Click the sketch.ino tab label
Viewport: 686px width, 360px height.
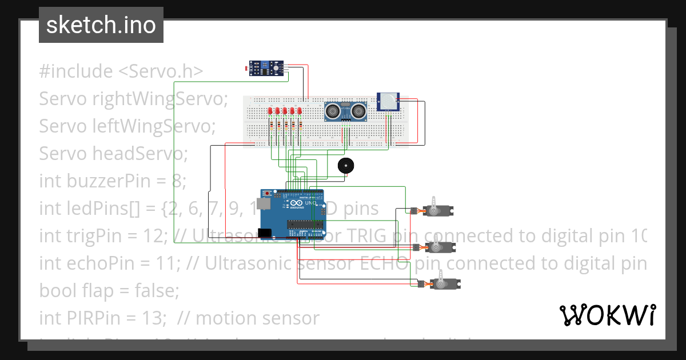[x=101, y=25]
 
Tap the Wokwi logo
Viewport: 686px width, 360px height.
[x=607, y=315]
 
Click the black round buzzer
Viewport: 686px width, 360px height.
[x=345, y=166]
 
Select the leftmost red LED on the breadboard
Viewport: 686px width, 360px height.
[x=270, y=111]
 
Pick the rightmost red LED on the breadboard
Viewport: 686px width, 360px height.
[x=299, y=111]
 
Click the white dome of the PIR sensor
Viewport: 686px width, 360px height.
[x=389, y=102]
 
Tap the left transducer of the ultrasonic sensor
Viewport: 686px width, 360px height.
[x=334, y=110]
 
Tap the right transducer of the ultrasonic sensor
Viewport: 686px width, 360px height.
[x=358, y=110]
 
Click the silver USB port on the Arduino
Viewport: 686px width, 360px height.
[x=264, y=203]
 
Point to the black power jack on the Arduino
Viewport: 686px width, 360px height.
[x=264, y=233]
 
